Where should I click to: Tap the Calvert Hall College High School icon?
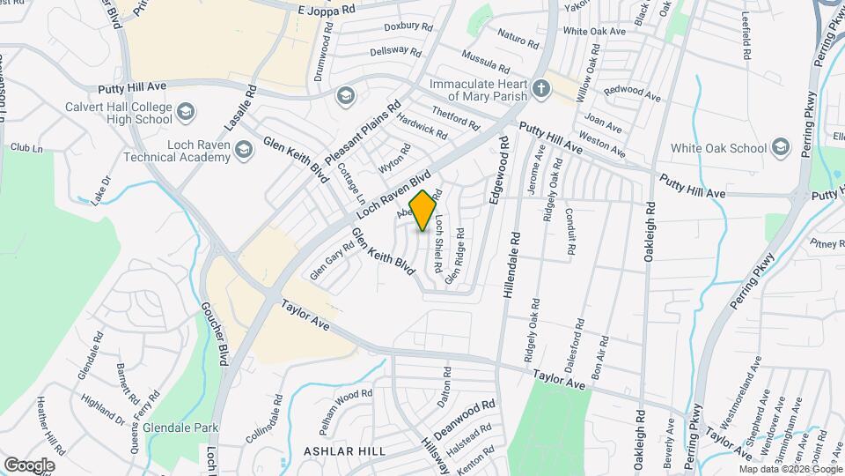click(186, 112)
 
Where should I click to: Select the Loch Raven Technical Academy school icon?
click(244, 155)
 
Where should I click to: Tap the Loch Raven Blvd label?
click(397, 194)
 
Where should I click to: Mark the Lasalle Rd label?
click(239, 109)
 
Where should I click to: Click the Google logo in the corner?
click(29, 465)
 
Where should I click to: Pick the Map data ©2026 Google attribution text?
click(790, 469)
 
